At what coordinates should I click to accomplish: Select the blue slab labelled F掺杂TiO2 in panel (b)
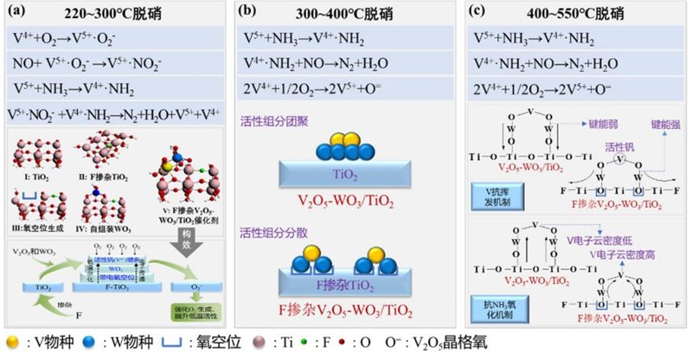345,281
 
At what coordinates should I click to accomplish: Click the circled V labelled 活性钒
620,159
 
